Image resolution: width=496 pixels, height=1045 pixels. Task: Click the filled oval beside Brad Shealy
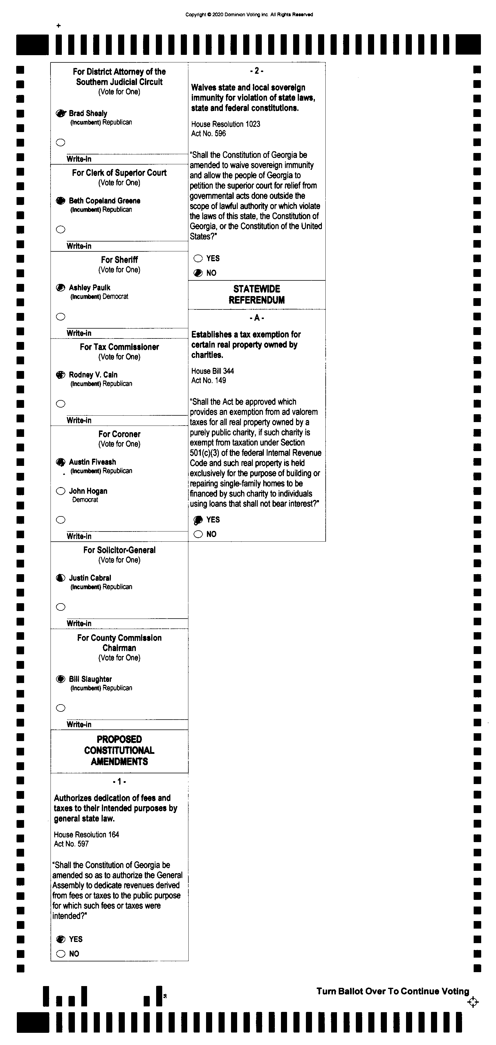pos(60,113)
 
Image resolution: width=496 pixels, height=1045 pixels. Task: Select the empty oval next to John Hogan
pos(60,491)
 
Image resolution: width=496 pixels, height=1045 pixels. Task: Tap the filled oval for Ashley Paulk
pos(60,288)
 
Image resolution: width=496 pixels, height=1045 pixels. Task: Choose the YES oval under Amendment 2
pos(198,258)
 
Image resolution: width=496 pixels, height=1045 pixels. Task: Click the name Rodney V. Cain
pos(93,375)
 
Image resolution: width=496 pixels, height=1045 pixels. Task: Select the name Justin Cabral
pos(90,578)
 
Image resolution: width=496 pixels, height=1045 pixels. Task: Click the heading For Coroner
pos(119,434)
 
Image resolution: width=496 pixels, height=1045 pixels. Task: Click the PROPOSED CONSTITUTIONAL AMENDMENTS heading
pos(119,750)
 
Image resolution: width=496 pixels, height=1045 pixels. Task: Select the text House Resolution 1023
pos(226,124)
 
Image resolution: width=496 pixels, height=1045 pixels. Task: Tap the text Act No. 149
pos(208,381)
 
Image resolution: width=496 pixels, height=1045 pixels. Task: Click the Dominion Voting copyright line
pos(249,15)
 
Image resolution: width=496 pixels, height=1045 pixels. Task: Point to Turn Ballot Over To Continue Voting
pos(393,992)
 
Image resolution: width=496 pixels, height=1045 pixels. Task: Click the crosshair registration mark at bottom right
pos(473,1002)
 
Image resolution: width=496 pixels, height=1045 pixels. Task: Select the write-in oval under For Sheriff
pos(60,317)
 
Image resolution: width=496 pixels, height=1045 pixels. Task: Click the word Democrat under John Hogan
pos(85,500)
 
